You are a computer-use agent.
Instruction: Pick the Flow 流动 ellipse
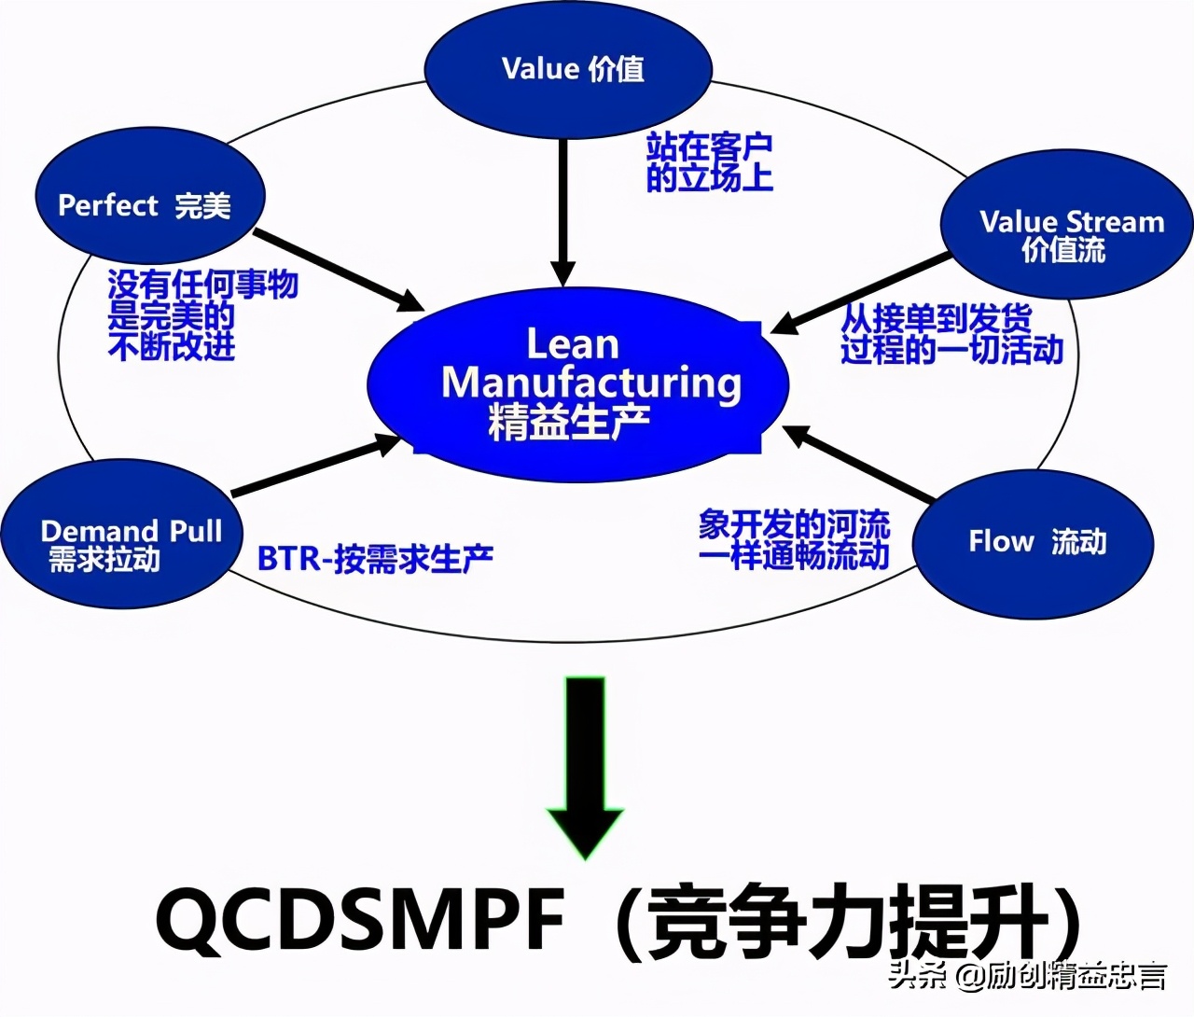point(1033,542)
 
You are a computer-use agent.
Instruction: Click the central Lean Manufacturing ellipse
point(576,383)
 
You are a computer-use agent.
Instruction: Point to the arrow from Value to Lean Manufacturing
point(562,210)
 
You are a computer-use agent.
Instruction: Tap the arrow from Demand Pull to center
point(317,466)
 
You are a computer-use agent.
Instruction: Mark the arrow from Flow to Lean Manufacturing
point(858,463)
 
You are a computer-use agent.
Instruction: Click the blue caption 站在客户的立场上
point(709,161)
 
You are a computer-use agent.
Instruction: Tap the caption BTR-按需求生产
point(375,558)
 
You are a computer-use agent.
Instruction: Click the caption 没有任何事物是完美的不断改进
point(201,314)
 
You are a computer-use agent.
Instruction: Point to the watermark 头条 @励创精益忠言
point(1026,976)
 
